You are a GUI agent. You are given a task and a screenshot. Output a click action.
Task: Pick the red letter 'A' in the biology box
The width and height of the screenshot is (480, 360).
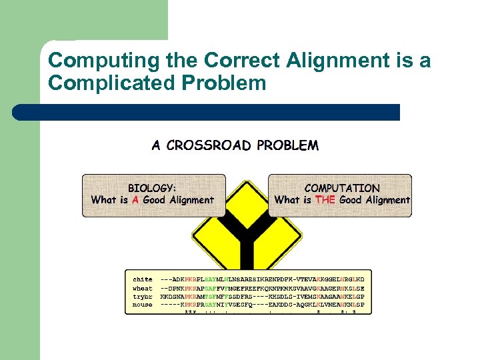tap(135, 200)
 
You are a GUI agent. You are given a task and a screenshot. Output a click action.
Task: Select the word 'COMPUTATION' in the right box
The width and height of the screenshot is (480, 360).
tap(341, 188)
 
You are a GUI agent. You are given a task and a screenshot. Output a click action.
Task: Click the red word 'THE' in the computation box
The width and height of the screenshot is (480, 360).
tap(325, 200)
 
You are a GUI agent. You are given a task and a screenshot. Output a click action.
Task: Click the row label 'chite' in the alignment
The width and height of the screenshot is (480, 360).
tap(142, 279)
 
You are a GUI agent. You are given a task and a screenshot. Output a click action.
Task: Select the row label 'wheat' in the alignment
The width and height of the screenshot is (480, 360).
tap(142, 288)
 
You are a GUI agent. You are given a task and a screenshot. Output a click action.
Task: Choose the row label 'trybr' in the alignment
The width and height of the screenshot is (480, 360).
tap(142, 296)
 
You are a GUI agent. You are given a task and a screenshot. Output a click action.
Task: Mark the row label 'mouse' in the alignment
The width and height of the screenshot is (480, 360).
tap(142, 305)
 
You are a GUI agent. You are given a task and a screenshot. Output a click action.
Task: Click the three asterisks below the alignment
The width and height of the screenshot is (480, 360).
tap(190, 312)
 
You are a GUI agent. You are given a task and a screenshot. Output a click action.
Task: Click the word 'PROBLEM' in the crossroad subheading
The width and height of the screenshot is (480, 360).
tap(287, 145)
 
